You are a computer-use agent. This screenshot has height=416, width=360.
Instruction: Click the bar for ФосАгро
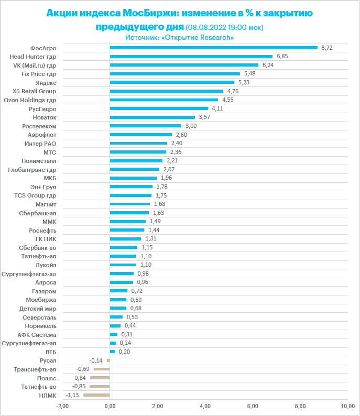click(213, 48)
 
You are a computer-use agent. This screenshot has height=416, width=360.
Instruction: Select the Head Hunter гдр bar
click(191, 57)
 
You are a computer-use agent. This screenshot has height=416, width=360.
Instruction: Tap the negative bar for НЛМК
click(96, 395)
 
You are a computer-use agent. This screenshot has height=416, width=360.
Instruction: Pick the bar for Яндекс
click(172, 82)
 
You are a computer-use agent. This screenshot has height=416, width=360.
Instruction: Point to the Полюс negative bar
click(100, 378)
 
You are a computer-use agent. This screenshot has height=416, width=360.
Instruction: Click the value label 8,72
click(327, 48)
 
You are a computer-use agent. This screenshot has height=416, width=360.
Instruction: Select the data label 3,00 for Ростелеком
click(191, 126)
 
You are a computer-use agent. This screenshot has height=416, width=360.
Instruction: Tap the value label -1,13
click(73, 395)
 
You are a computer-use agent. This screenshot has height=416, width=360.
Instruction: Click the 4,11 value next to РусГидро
click(217, 108)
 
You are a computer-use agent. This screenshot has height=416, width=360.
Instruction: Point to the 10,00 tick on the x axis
click(347, 407)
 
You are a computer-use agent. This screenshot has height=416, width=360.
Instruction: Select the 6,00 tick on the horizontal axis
click(253, 407)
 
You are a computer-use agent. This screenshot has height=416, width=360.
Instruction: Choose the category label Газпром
click(45, 291)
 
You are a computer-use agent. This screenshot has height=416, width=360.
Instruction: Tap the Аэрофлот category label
click(41, 135)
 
